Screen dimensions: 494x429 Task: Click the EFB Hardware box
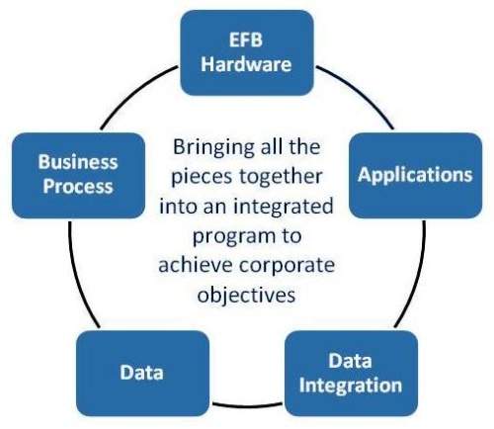247,52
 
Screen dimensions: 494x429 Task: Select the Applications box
416,175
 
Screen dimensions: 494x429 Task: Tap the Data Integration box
352,374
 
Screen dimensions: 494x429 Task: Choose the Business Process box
78,175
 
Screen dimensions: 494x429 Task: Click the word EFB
246,40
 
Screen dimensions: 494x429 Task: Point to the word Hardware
246,64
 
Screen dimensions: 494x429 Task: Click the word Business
78,162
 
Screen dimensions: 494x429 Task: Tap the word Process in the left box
78,186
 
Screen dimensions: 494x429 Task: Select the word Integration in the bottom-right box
351,385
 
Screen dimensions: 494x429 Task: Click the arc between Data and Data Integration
247,405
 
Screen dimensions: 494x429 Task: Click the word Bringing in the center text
214,148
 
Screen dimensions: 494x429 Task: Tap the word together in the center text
281,177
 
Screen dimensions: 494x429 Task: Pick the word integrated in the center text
284,207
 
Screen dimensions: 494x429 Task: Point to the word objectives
246,294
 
